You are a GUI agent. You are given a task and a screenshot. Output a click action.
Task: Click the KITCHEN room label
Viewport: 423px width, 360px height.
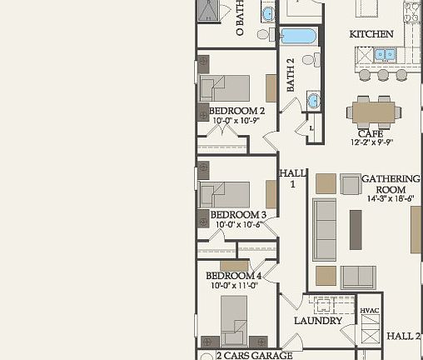(x=371, y=34)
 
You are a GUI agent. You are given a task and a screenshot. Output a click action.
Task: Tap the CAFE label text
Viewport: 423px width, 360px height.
(x=371, y=133)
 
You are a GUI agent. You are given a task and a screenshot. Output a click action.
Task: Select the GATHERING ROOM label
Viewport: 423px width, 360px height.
(x=391, y=184)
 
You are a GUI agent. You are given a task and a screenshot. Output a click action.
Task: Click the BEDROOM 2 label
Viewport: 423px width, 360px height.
(x=236, y=111)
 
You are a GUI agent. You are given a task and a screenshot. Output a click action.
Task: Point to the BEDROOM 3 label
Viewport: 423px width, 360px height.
(x=237, y=215)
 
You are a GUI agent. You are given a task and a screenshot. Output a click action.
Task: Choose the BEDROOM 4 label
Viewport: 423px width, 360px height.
(x=234, y=276)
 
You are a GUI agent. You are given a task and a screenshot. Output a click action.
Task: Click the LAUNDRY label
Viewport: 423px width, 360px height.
(x=318, y=321)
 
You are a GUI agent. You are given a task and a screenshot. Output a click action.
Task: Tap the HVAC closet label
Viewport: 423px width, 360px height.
(x=370, y=311)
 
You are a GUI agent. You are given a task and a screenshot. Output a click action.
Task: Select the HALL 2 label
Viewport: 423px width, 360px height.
(x=404, y=336)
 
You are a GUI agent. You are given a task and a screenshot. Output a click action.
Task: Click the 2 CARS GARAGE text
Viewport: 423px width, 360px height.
(x=254, y=355)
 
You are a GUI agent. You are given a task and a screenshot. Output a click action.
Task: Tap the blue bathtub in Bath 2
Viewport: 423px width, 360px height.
(x=298, y=36)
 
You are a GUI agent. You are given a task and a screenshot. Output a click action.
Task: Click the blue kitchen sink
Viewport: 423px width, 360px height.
(x=384, y=54)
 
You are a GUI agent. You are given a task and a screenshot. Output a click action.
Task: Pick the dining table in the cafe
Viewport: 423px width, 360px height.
(x=374, y=110)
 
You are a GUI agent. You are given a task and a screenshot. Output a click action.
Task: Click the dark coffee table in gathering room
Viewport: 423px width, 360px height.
(x=356, y=229)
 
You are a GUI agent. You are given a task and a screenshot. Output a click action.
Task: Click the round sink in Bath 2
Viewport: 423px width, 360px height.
(x=312, y=101)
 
